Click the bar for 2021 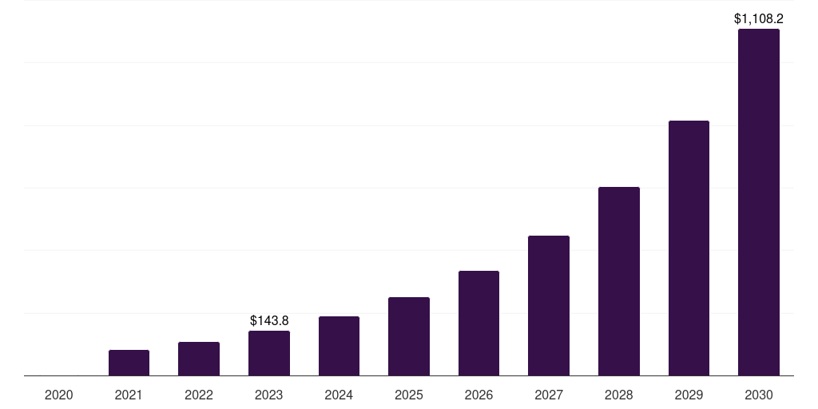(129, 363)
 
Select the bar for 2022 (199, 359)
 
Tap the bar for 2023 (269, 353)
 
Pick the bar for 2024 (339, 346)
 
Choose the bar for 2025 (409, 336)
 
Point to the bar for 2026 (478, 323)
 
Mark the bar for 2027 (549, 305)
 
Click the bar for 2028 (619, 281)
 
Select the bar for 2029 (689, 248)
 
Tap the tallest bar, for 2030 (759, 202)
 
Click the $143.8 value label (269, 320)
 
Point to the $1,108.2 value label (759, 18)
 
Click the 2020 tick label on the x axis (59, 395)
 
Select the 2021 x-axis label (129, 395)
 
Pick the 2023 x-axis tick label (269, 395)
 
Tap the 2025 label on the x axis (409, 395)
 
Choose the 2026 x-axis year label (478, 395)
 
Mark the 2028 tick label (619, 395)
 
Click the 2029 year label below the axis (689, 395)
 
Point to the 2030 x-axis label (759, 395)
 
